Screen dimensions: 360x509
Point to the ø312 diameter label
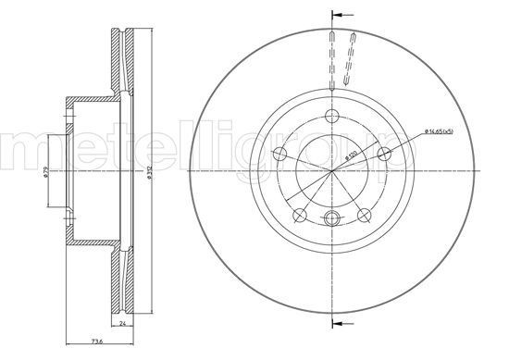[149, 170]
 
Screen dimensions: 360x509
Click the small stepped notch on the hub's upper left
[68, 113]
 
